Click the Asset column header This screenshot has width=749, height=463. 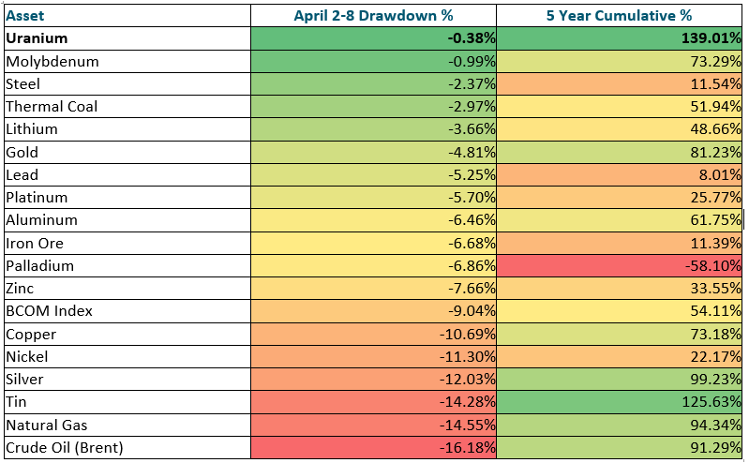tap(24, 16)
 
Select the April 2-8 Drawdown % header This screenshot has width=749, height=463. tap(373, 16)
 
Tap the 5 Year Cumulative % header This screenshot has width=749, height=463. tap(619, 16)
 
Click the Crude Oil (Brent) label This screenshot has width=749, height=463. tap(65, 447)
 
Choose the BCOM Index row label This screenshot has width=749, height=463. tap(49, 311)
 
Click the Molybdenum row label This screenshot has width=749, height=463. tap(52, 61)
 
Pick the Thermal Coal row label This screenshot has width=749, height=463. tap(52, 106)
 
